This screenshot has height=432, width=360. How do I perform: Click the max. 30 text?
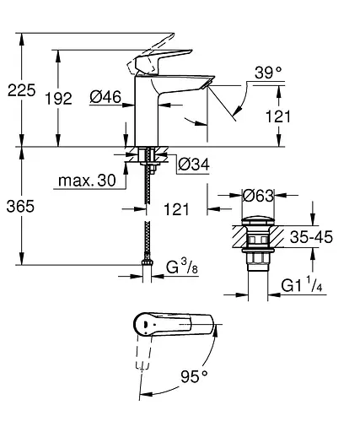pos(88,181)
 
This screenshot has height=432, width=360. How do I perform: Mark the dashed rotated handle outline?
pos(141,363)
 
